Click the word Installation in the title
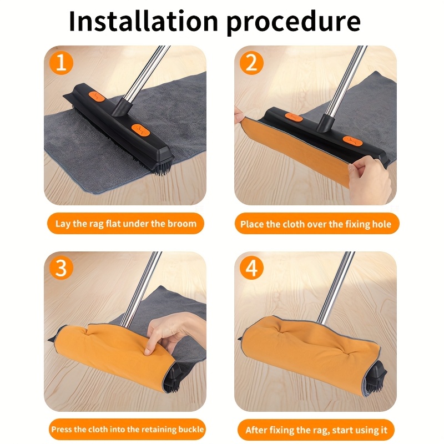click(x=143, y=21)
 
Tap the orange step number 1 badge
click(x=61, y=63)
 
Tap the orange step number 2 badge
click(x=251, y=63)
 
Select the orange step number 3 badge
click(x=61, y=268)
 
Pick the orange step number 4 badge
click(x=251, y=268)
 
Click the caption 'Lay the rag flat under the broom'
click(x=126, y=224)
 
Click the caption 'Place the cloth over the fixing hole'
click(x=316, y=224)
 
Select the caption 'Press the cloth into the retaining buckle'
click(x=127, y=429)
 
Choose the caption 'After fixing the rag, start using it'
click(x=316, y=430)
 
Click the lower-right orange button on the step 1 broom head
click(x=140, y=129)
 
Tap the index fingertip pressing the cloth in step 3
click(x=147, y=351)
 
